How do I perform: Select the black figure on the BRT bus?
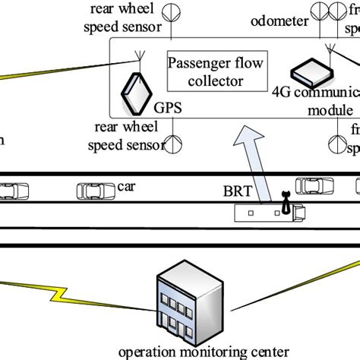click(x=286, y=202)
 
